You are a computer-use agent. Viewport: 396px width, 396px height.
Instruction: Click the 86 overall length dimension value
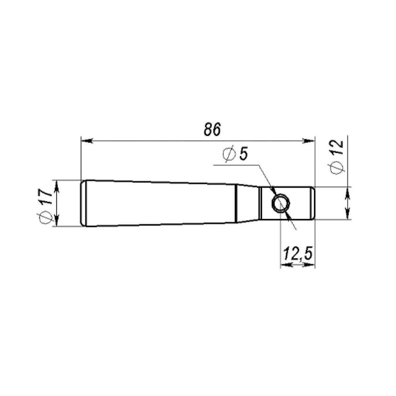tap(212, 129)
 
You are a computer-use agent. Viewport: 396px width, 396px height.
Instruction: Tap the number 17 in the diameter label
tap(46, 197)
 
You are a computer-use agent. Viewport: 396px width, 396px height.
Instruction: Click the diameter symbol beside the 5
tap(229, 154)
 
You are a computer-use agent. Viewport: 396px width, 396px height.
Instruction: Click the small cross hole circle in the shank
tap(280, 203)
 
